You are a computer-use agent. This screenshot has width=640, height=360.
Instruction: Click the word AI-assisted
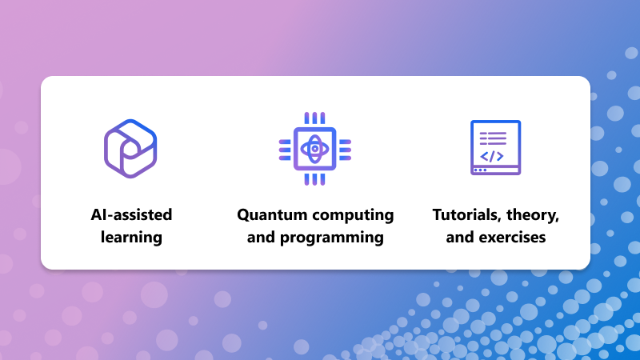[x=131, y=214]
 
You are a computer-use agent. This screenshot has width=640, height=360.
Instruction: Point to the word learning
[x=131, y=238]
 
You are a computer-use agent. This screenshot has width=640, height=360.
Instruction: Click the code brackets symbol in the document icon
[x=492, y=156]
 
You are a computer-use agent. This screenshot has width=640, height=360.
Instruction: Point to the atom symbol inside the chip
[x=314, y=149]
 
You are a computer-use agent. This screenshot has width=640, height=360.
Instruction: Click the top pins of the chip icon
[x=314, y=118]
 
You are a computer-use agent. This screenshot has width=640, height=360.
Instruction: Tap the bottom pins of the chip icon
[x=314, y=179]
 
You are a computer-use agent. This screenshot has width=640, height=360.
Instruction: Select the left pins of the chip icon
[x=285, y=150]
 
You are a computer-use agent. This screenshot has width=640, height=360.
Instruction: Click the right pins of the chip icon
[x=345, y=150]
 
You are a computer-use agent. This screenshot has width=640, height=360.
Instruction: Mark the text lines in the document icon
[x=493, y=138]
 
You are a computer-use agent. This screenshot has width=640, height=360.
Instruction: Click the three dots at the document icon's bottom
[x=480, y=170]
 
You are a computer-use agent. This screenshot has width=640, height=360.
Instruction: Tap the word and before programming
[x=261, y=238]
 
